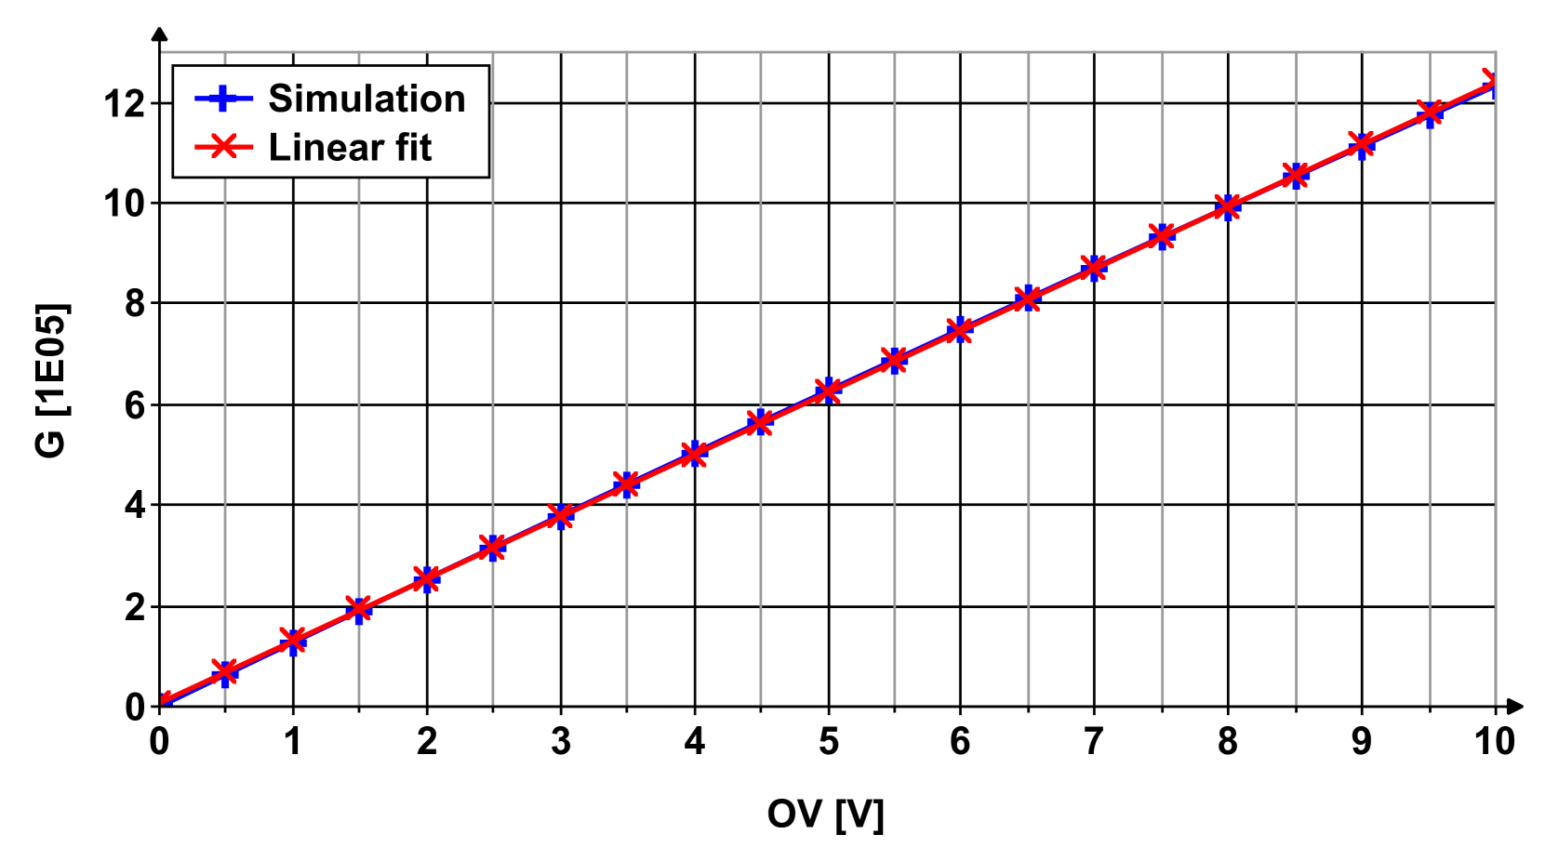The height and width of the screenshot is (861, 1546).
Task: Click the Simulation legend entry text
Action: point(367,99)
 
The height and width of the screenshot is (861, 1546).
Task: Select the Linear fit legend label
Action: point(350,148)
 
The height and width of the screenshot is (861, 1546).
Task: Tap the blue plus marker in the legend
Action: point(223,99)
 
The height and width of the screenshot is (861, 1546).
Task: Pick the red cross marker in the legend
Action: point(223,146)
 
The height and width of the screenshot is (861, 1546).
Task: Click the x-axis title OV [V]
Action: point(825,815)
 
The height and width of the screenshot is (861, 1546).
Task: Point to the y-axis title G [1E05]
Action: point(52,380)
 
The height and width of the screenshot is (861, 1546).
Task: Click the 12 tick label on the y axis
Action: point(125,103)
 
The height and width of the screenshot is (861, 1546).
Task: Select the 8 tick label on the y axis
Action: point(136,304)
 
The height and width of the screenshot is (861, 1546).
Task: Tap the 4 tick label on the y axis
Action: point(136,506)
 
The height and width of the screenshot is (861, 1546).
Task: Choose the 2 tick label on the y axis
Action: point(136,607)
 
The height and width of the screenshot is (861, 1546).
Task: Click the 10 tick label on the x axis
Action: point(1494,742)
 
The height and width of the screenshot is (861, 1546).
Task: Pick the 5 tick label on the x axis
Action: point(828,742)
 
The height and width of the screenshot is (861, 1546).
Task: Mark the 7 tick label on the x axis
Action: point(1094,742)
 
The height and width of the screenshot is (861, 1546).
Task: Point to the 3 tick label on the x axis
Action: point(560,742)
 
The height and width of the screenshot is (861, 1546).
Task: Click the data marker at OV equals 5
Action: point(828,391)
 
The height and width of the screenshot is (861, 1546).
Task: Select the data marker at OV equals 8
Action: point(1228,206)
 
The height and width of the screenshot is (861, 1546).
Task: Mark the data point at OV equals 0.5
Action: point(224,671)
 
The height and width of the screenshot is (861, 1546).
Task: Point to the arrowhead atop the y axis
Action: point(160,34)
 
